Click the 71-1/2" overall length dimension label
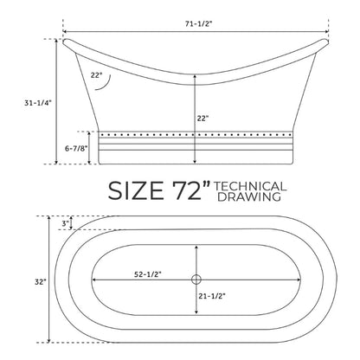click(198, 24)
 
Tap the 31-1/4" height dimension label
click(38, 103)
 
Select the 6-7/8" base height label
click(76, 149)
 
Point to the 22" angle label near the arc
click(96, 75)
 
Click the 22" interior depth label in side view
click(202, 119)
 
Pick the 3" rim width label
click(66, 222)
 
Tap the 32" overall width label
click(41, 282)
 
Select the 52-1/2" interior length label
click(147, 274)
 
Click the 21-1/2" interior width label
click(212, 296)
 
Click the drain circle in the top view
click(196, 280)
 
